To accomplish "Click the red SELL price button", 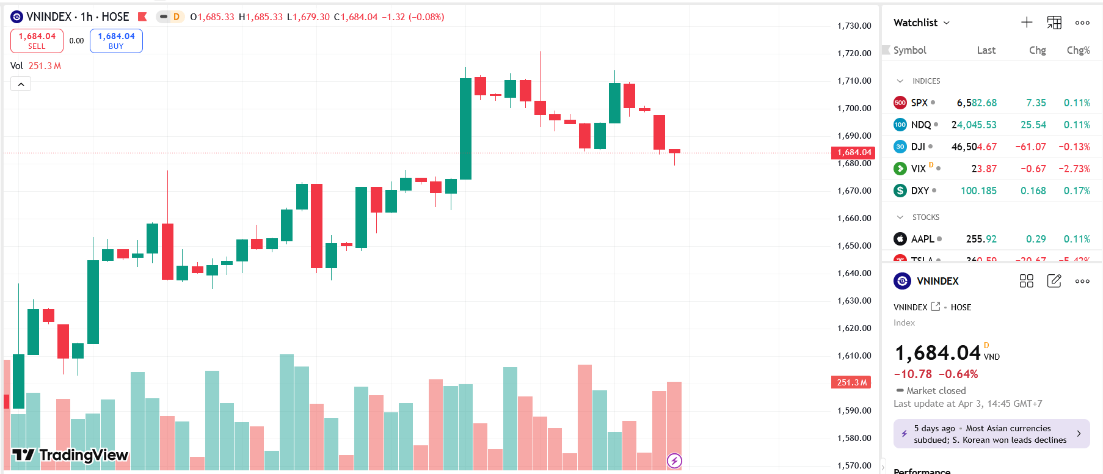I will pos(37,41).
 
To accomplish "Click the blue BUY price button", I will pos(116,41).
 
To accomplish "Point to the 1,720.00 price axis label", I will pos(854,53).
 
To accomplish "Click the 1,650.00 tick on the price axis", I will pos(854,246).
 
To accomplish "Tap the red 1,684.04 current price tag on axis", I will pos(853,153).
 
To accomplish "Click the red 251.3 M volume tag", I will pos(851,382).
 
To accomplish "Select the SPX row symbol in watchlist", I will pos(919,103).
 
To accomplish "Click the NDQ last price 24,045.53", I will pos(974,125).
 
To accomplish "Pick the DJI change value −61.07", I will pos(1030,147).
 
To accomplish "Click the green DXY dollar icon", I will pos(900,191).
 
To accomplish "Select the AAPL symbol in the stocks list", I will pos(922,239).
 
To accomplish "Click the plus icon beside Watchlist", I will pos(1027,23).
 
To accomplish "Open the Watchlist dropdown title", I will pos(921,23).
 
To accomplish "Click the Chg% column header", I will pos(1078,50).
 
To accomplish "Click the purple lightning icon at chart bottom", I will pos(674,461).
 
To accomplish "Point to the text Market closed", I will pos(936,390).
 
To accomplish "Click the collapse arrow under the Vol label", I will pos(21,84).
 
